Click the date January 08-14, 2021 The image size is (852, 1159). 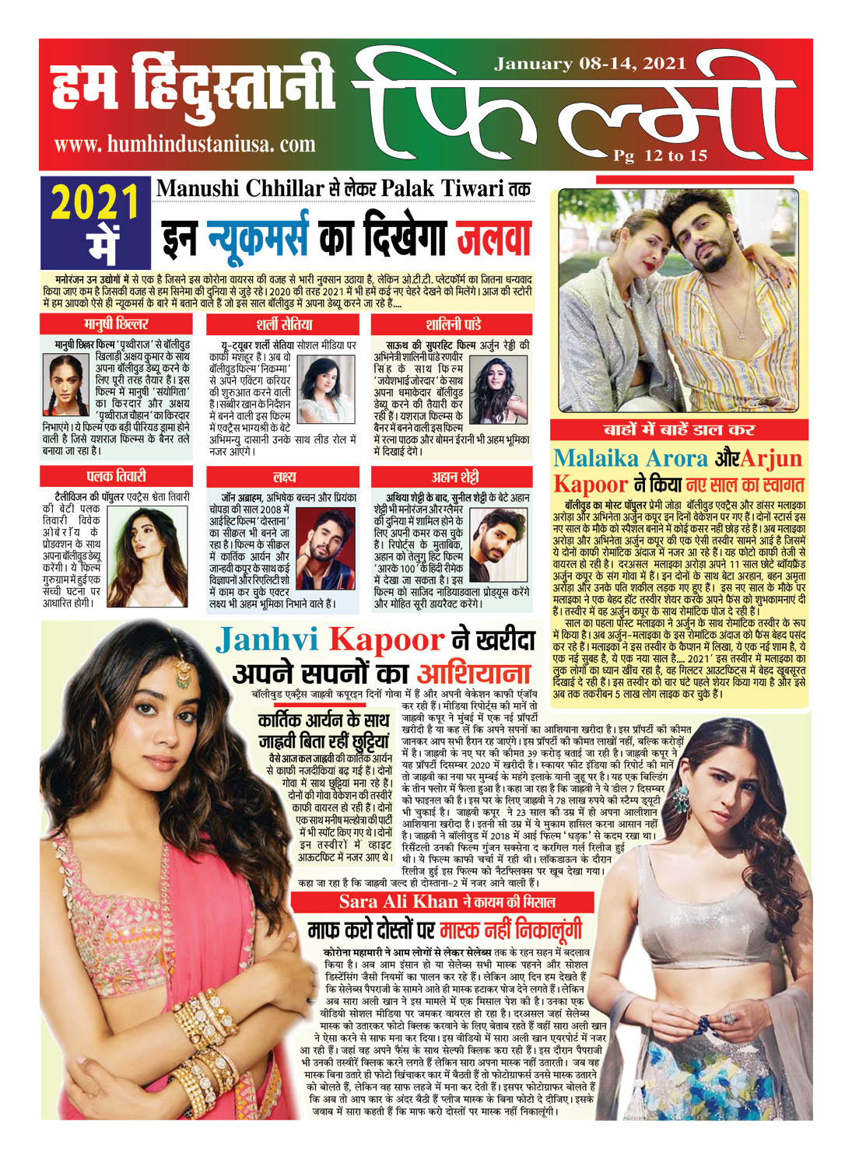pos(590,64)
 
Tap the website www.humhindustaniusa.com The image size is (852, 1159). pos(184,144)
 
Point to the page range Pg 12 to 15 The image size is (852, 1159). pos(660,156)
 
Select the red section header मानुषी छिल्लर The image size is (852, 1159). pos(116,324)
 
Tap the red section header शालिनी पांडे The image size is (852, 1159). pos(451,324)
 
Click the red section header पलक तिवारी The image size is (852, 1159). pos(116,476)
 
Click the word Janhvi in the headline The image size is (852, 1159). pos(267,640)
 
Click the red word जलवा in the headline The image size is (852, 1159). pos(493,239)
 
